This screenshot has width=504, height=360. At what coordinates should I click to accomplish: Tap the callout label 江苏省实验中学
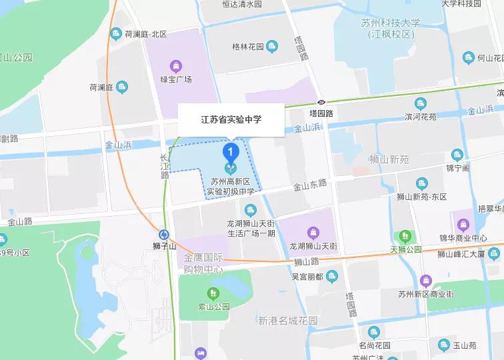(231, 120)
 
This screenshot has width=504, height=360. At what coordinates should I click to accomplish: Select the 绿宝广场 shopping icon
(175, 65)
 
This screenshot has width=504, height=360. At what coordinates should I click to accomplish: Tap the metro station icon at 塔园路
(321, 102)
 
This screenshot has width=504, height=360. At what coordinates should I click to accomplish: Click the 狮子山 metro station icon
(163, 234)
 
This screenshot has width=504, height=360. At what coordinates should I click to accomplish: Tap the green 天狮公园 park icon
(404, 236)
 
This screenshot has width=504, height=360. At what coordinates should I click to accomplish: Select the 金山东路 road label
(311, 186)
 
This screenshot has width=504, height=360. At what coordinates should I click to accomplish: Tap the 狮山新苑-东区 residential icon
(421, 183)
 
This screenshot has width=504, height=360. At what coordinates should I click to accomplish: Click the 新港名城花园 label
(288, 321)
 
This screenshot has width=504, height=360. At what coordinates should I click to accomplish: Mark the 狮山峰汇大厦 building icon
(493, 253)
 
